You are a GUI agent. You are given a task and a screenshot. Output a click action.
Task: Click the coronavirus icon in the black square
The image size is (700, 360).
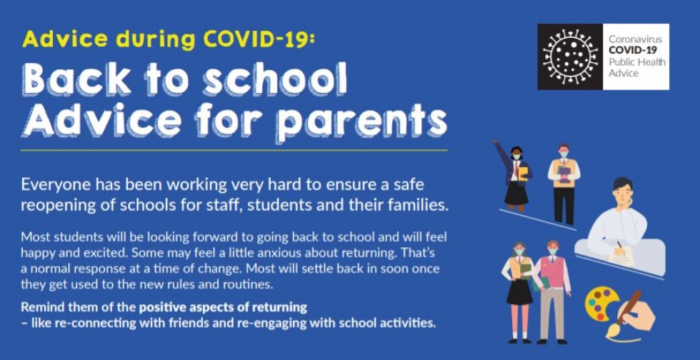pos(570,56)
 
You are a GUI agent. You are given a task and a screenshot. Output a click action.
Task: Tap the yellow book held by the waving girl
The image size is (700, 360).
pos(524,172)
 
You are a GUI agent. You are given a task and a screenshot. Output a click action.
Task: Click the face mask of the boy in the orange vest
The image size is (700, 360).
pos(564,154)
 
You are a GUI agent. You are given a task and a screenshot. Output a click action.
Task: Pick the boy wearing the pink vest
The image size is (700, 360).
pos(552,286)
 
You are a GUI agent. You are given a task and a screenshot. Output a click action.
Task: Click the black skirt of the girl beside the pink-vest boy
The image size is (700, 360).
pos(519,291)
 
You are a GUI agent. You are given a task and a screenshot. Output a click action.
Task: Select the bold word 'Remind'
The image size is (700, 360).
pos(41,307)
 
